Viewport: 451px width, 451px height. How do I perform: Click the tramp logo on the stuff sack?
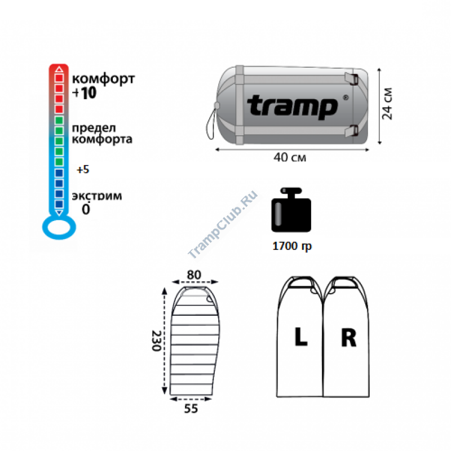pyautogui.click(x=292, y=107)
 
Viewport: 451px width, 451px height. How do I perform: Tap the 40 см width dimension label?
pyautogui.click(x=290, y=158)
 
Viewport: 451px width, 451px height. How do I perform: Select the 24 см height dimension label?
pyautogui.click(x=387, y=104)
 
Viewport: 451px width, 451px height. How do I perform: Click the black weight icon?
pyautogui.click(x=291, y=210)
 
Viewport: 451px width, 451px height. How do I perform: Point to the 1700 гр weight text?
pyautogui.click(x=292, y=246)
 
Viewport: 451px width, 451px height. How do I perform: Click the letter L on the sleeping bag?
pyautogui.click(x=301, y=337)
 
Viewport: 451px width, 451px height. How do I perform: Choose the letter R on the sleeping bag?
pyautogui.click(x=348, y=337)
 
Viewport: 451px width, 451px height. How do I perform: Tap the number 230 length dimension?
pyautogui.click(x=156, y=341)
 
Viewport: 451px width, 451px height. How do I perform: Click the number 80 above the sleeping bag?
pyautogui.click(x=194, y=275)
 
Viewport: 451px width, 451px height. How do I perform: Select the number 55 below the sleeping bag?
pyautogui.click(x=191, y=408)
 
